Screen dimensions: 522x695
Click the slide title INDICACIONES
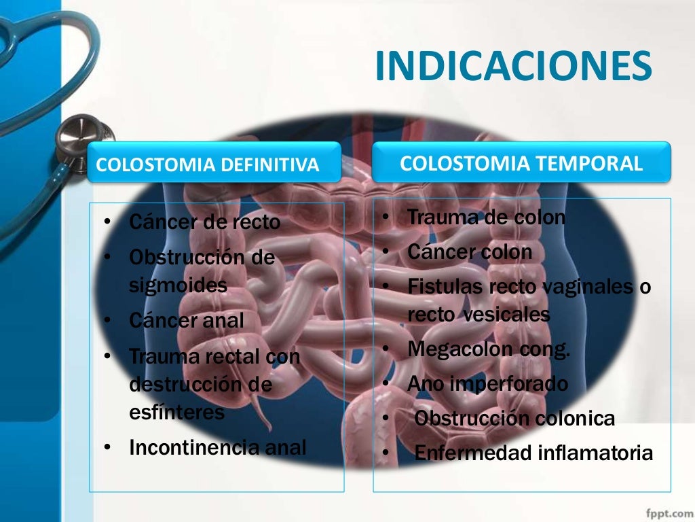pos(513,66)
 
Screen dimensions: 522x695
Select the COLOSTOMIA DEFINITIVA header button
pos(208,165)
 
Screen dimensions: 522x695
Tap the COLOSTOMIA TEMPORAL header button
pos(521,163)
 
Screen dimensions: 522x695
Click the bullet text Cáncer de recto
pos(204,222)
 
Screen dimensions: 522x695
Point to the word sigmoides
pos(178,285)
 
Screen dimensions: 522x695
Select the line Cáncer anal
pos(186,320)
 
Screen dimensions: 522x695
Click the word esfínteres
pos(176,413)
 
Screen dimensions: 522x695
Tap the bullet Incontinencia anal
pos(217,447)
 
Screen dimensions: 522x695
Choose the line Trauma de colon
pos(486,218)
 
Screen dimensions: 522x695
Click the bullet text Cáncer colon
pos(470,252)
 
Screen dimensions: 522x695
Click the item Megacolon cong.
pos(489,349)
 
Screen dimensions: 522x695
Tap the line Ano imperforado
pos(487,383)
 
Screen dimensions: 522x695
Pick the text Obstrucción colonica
pos(514,418)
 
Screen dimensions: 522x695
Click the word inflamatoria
pos(595,453)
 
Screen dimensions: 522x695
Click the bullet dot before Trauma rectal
pos(107,355)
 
